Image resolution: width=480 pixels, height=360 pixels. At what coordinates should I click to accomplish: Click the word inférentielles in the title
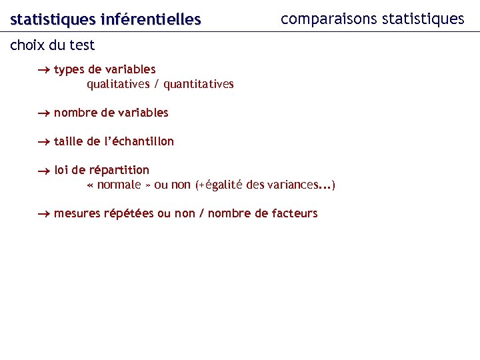tap(150, 20)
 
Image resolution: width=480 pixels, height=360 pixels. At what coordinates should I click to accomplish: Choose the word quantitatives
tap(199, 84)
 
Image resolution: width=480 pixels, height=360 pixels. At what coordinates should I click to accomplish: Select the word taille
tap(69, 141)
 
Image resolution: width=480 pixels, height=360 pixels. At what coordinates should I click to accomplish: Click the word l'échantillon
tap(138, 141)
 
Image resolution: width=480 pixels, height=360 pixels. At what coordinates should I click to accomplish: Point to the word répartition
tap(119, 171)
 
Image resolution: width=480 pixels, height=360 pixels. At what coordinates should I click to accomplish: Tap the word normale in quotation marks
tap(119, 185)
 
